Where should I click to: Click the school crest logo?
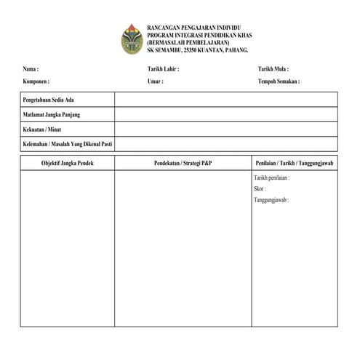pos(132,39)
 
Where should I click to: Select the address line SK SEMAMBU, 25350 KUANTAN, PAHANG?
pos(198,50)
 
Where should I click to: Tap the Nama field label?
pos(31,69)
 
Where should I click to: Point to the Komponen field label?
pos(36,81)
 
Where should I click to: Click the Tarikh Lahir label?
pos(163,69)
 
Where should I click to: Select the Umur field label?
pos(155,81)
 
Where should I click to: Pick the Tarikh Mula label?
pos(273,69)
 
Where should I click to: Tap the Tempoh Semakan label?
pos(279,81)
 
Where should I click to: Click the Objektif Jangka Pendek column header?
pos(67,163)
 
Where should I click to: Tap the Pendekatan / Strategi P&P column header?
pos(183,163)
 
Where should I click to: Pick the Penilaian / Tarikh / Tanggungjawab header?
pos(294,163)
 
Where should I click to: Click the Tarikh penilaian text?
pos(273,177)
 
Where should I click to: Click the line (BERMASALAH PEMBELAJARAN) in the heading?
pos(186,42)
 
